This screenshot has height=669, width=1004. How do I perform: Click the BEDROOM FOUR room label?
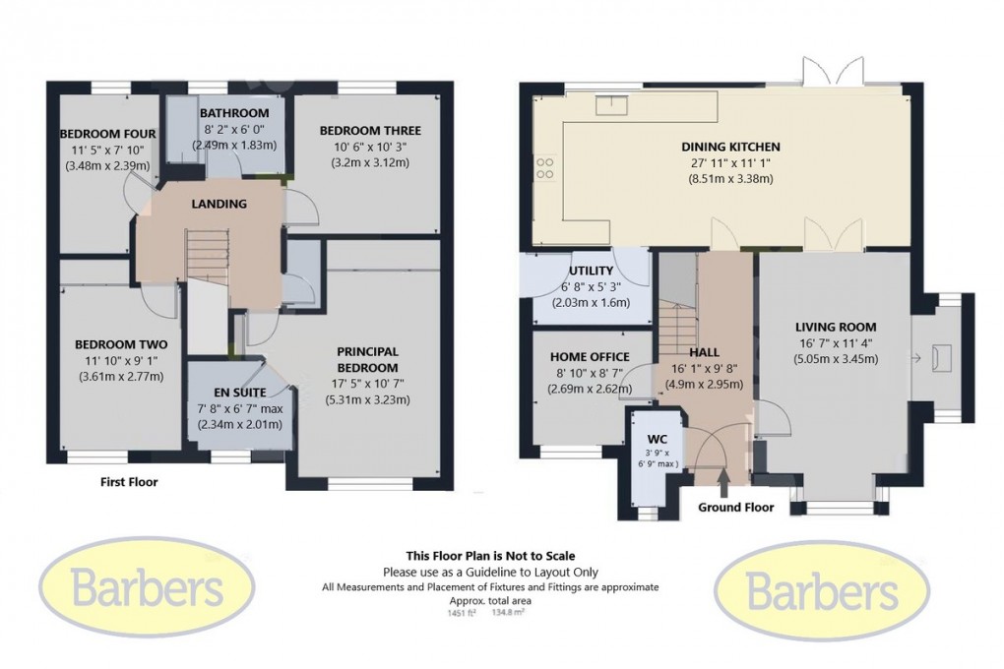(x=102, y=134)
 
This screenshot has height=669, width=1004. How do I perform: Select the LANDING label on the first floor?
(x=220, y=204)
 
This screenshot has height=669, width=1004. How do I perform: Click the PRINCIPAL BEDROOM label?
(x=367, y=359)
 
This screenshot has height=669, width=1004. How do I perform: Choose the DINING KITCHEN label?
(x=729, y=148)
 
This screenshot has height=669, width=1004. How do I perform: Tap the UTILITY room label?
(x=591, y=271)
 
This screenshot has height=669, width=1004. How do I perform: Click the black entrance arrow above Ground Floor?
(x=724, y=480)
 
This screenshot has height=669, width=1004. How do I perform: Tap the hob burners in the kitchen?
(x=544, y=169)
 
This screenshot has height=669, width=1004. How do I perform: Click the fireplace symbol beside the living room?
(x=940, y=358)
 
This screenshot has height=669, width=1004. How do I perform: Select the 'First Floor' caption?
(x=129, y=483)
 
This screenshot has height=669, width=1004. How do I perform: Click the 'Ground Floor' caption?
(x=735, y=508)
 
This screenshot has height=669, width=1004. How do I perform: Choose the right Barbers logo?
(x=823, y=590)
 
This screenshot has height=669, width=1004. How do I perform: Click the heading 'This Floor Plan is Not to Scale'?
(x=490, y=556)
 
